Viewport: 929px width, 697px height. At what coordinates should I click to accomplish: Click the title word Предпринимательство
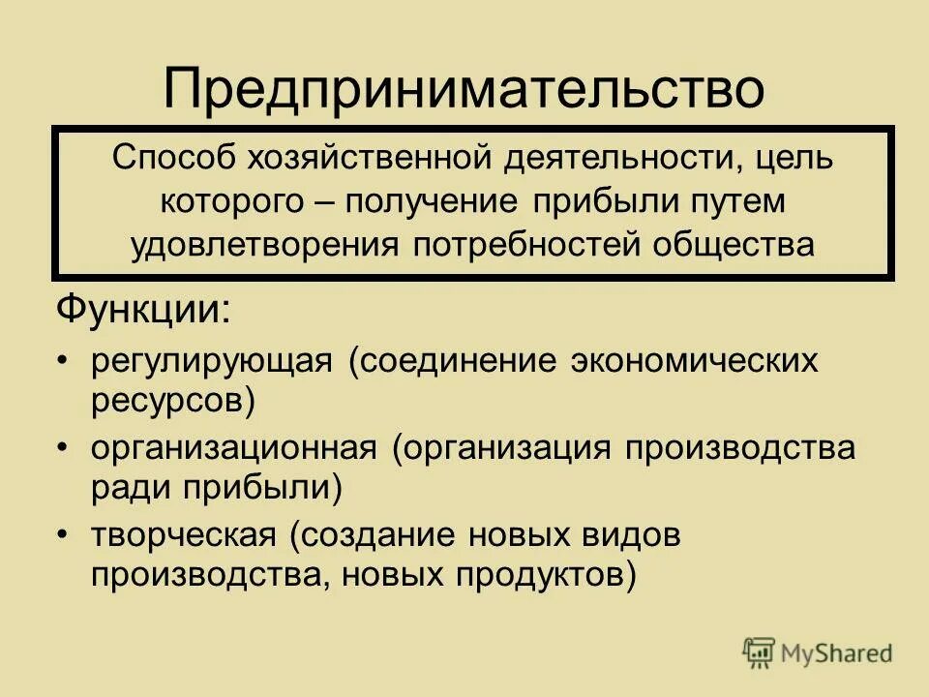464,88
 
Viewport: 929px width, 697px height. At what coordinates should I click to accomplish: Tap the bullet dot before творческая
63,535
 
